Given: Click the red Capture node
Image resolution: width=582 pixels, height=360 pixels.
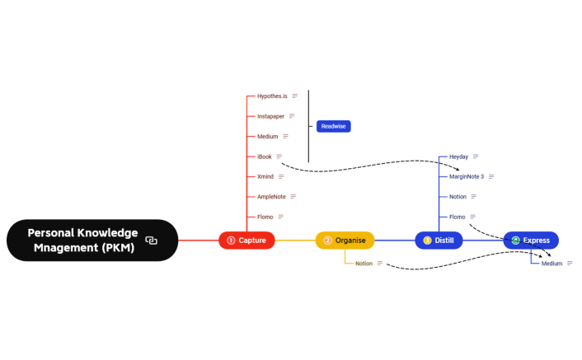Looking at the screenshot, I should pos(246,241).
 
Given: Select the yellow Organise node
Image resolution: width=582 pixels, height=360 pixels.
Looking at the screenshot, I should pos(345,241).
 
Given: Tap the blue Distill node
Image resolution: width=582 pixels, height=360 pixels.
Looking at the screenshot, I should pos(439,241).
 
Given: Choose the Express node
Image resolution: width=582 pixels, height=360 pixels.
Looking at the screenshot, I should pos(531,241).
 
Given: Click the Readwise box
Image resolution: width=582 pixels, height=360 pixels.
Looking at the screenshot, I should pos(333,126).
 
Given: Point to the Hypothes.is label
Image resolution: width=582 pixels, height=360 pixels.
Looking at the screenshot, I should pos(272,96).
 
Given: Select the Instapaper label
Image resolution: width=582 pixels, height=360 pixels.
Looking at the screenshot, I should pos(270,116).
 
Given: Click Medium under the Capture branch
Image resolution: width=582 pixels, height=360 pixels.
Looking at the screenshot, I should pos(268,136).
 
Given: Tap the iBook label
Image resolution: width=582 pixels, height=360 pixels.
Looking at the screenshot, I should pos(264,157).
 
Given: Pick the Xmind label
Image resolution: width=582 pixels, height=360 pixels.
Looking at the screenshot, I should pos(265,176).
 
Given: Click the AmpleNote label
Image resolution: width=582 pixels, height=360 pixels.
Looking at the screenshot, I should pos(271,197).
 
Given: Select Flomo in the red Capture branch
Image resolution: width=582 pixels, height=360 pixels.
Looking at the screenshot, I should pos(265,217).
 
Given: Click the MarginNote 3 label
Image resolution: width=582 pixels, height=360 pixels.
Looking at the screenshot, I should pos(467,176).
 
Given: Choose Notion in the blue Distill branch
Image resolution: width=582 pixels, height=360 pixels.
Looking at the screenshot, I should pos(458,197).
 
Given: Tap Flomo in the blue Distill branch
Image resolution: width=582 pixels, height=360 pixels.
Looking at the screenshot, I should pos(457,217).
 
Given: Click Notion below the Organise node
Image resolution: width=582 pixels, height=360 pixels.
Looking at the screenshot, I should pos(364,264).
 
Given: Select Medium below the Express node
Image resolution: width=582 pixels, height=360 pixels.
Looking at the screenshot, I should pos(551,264).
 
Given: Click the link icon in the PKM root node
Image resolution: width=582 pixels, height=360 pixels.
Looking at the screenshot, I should pos(152,241).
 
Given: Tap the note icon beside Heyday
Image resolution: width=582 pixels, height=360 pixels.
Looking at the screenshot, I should pos(476,157).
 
